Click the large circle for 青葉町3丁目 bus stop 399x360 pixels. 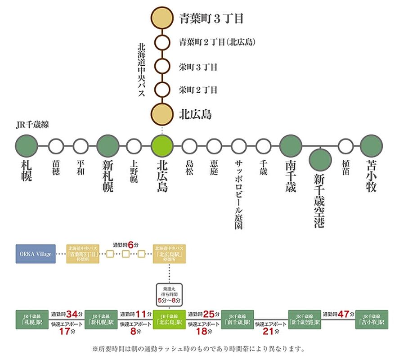pyautogui.click(x=161, y=18)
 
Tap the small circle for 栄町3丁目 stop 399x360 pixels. pyautogui.click(x=161, y=67)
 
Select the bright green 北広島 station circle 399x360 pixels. pyautogui.click(x=161, y=146)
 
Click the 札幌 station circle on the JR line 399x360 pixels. pyautogui.click(x=26, y=146)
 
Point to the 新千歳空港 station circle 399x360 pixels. pyautogui.click(x=320, y=159)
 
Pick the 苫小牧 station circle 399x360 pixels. pyautogui.click(x=371, y=146)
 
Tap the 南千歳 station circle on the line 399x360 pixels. pyautogui.click(x=291, y=146)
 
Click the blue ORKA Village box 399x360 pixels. pyautogui.click(x=35, y=254)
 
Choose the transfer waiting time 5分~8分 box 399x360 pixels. pyautogui.click(x=170, y=294)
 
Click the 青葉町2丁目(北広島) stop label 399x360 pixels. pyautogui.click(x=217, y=43)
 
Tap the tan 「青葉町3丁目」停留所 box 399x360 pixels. pyautogui.click(x=83, y=254)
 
